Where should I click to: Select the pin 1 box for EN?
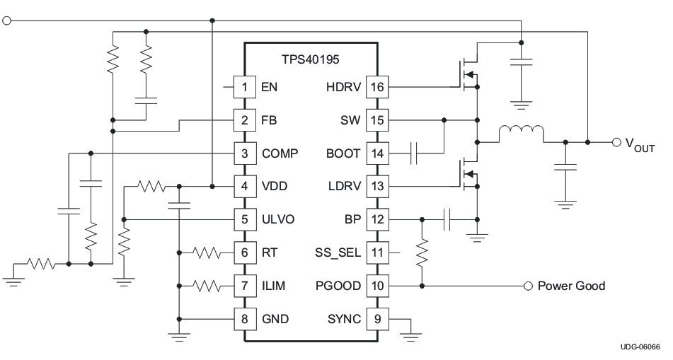point(245,87)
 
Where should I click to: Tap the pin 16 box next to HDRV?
point(375,87)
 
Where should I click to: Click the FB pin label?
point(269,120)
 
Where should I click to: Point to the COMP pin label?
point(280,153)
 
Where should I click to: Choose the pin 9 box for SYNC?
point(375,320)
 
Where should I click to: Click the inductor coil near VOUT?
point(522,134)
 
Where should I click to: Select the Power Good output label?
point(571,286)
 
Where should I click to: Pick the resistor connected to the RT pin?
point(209,252)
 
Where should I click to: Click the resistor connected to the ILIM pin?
point(209,286)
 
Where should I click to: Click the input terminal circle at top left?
point(8,21)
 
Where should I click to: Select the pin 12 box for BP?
point(375,220)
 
